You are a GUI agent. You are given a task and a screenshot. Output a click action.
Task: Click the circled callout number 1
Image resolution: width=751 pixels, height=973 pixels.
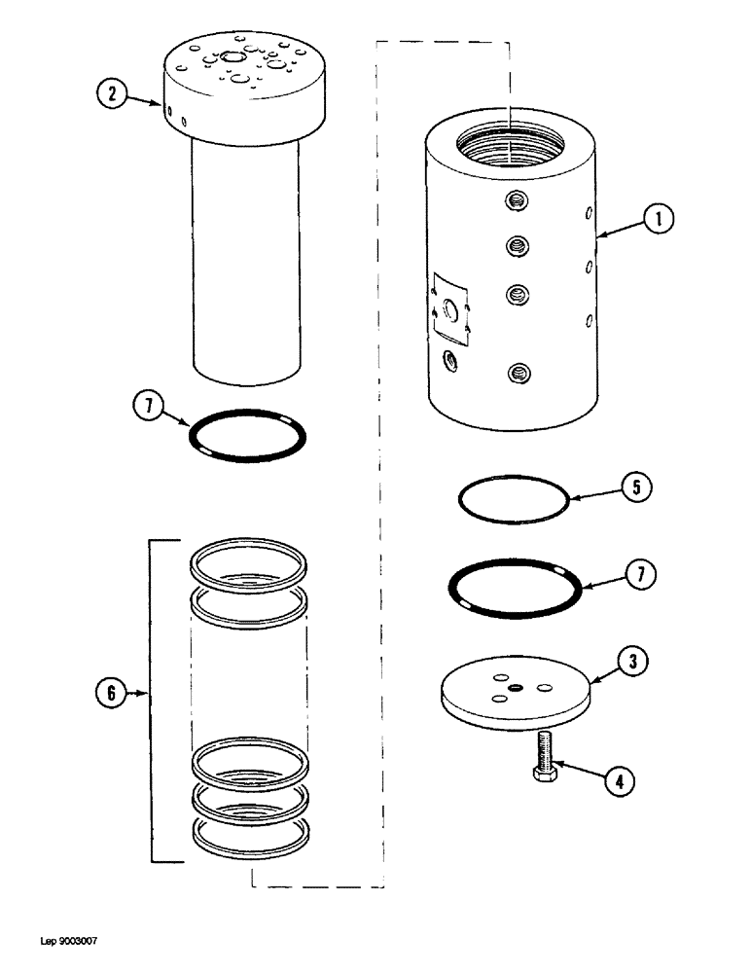pyautogui.click(x=659, y=221)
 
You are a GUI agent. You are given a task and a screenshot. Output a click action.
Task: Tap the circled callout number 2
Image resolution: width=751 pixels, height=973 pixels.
pyautogui.click(x=113, y=94)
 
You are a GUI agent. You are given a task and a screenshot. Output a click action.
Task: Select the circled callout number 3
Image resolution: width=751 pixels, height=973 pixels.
pyautogui.click(x=633, y=662)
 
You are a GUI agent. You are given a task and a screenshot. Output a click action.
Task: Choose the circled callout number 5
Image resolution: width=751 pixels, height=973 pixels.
pyautogui.click(x=634, y=487)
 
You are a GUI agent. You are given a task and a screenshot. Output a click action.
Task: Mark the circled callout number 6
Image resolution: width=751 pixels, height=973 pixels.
pyautogui.click(x=112, y=694)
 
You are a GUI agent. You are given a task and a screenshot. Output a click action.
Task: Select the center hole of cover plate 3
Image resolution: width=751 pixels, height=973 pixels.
pyautogui.click(x=515, y=689)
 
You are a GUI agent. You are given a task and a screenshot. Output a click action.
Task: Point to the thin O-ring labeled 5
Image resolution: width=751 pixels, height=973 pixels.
pyautogui.click(x=513, y=500)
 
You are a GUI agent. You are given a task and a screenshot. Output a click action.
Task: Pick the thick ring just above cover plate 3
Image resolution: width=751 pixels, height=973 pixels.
pyautogui.click(x=515, y=588)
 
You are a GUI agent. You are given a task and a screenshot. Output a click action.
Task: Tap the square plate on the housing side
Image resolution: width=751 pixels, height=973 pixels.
pyautogui.click(x=451, y=307)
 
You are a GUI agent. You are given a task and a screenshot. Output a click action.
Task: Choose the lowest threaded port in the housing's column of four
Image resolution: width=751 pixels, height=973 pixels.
pyautogui.click(x=517, y=371)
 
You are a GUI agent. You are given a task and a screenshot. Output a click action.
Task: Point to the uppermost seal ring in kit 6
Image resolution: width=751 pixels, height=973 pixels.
pyautogui.click(x=250, y=564)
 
